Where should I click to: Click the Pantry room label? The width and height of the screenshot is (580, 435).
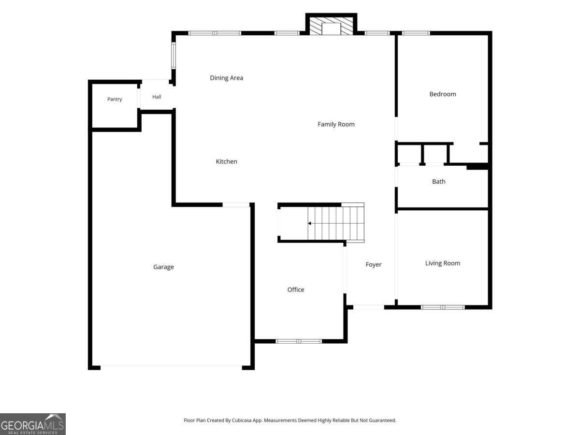tap(115, 99)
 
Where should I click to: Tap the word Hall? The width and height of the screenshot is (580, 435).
tap(157, 97)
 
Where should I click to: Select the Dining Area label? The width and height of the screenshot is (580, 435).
tap(227, 78)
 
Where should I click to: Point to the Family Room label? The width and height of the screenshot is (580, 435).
tap(336, 124)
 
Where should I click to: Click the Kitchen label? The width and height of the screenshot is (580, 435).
tap(227, 161)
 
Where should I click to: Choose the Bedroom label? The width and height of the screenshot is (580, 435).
tap(443, 94)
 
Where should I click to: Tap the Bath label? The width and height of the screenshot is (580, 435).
tap(439, 181)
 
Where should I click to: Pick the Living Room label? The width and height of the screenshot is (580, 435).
tap(443, 263)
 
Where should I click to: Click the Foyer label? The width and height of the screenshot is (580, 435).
tap(373, 264)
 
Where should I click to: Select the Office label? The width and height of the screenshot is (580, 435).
tap(296, 290)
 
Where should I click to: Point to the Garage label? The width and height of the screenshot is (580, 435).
tap(163, 267)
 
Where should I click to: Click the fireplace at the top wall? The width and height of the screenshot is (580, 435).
tap(332, 26)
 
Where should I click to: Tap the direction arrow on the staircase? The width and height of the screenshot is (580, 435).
tap(309, 223)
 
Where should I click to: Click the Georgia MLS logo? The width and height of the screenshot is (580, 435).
tap(33, 424)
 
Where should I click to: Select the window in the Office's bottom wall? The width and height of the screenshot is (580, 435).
tap(299, 341)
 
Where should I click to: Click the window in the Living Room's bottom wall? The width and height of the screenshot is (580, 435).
tap(443, 307)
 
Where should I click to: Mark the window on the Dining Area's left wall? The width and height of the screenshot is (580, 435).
tap(174, 56)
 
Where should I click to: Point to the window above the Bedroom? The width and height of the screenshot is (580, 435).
tap(416, 33)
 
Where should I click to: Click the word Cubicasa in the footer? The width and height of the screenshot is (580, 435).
tap(242, 420)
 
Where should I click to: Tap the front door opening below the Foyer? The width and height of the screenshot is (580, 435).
tap(369, 307)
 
